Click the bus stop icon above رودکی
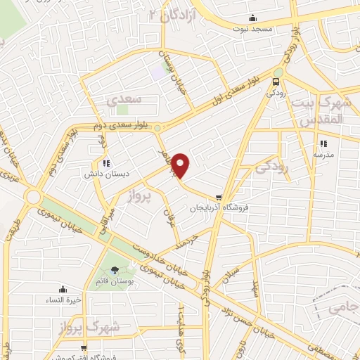[274, 80]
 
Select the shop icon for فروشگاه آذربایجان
[220, 198]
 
